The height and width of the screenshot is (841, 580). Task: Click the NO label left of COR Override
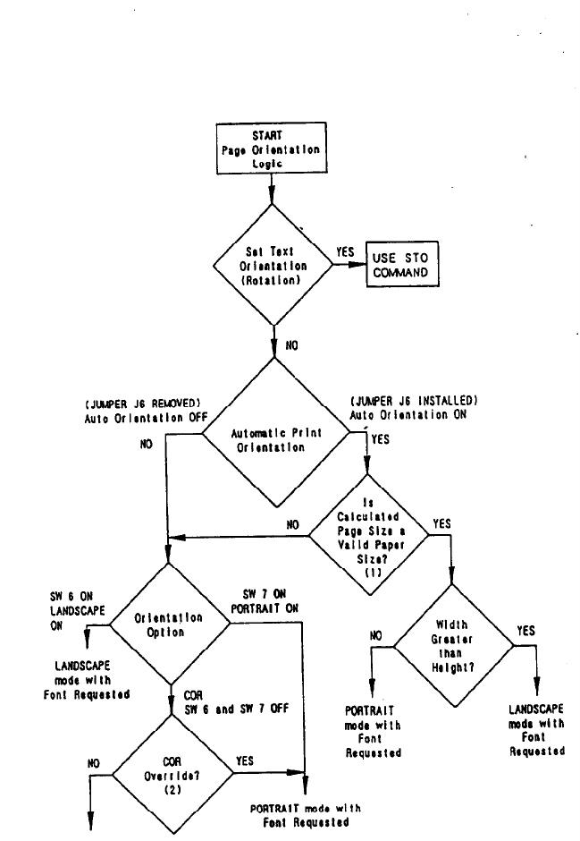pos(94,763)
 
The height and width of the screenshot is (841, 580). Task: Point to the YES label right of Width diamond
pos(525,631)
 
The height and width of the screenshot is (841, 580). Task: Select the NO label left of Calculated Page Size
pos(291,525)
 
